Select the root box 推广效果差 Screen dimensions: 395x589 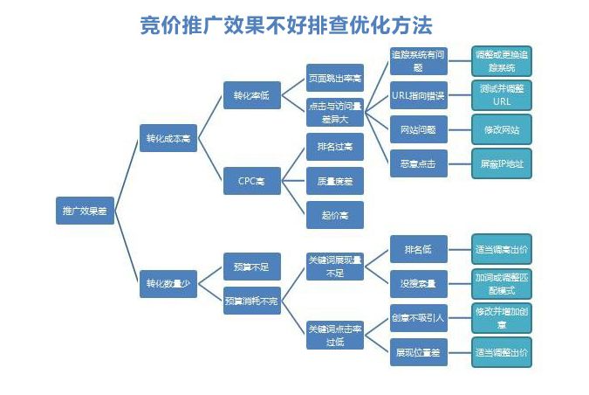(86, 210)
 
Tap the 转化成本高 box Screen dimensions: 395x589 (168, 137)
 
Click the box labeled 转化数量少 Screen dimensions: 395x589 (168, 283)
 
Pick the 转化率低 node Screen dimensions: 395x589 (251, 94)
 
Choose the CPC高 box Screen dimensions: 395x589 (251, 181)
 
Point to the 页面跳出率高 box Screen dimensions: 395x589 (335, 78)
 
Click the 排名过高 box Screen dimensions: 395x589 (335, 148)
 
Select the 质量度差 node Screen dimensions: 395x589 (335, 181)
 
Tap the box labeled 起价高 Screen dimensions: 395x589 (335, 214)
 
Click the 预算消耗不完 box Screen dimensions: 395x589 (251, 301)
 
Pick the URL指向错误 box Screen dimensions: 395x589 (418, 94)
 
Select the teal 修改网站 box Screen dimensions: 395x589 (501, 129)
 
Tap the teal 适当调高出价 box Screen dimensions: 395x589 (501, 249)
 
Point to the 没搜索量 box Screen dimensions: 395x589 (418, 283)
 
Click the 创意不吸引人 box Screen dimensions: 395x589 (418, 317)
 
